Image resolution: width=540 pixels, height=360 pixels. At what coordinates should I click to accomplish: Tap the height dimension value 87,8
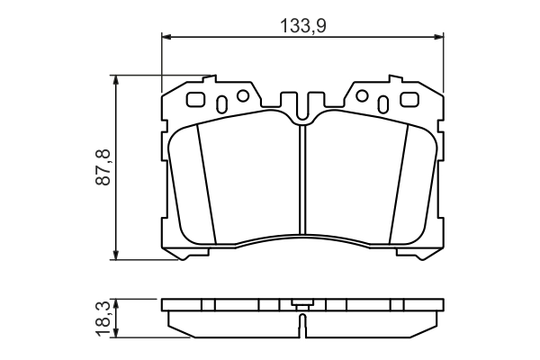pyautogui.click(x=103, y=167)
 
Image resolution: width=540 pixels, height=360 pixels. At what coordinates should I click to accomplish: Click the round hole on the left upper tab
pyautogui.click(x=240, y=95)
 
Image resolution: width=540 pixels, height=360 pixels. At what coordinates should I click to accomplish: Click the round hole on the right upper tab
pyautogui.click(x=363, y=95)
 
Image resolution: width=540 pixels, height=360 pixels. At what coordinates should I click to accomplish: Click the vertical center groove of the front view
pyautogui.click(x=302, y=180)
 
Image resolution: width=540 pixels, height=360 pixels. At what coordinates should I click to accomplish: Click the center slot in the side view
pyautogui.click(x=302, y=320)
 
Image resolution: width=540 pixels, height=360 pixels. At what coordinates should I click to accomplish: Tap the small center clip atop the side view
pyautogui.click(x=302, y=303)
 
